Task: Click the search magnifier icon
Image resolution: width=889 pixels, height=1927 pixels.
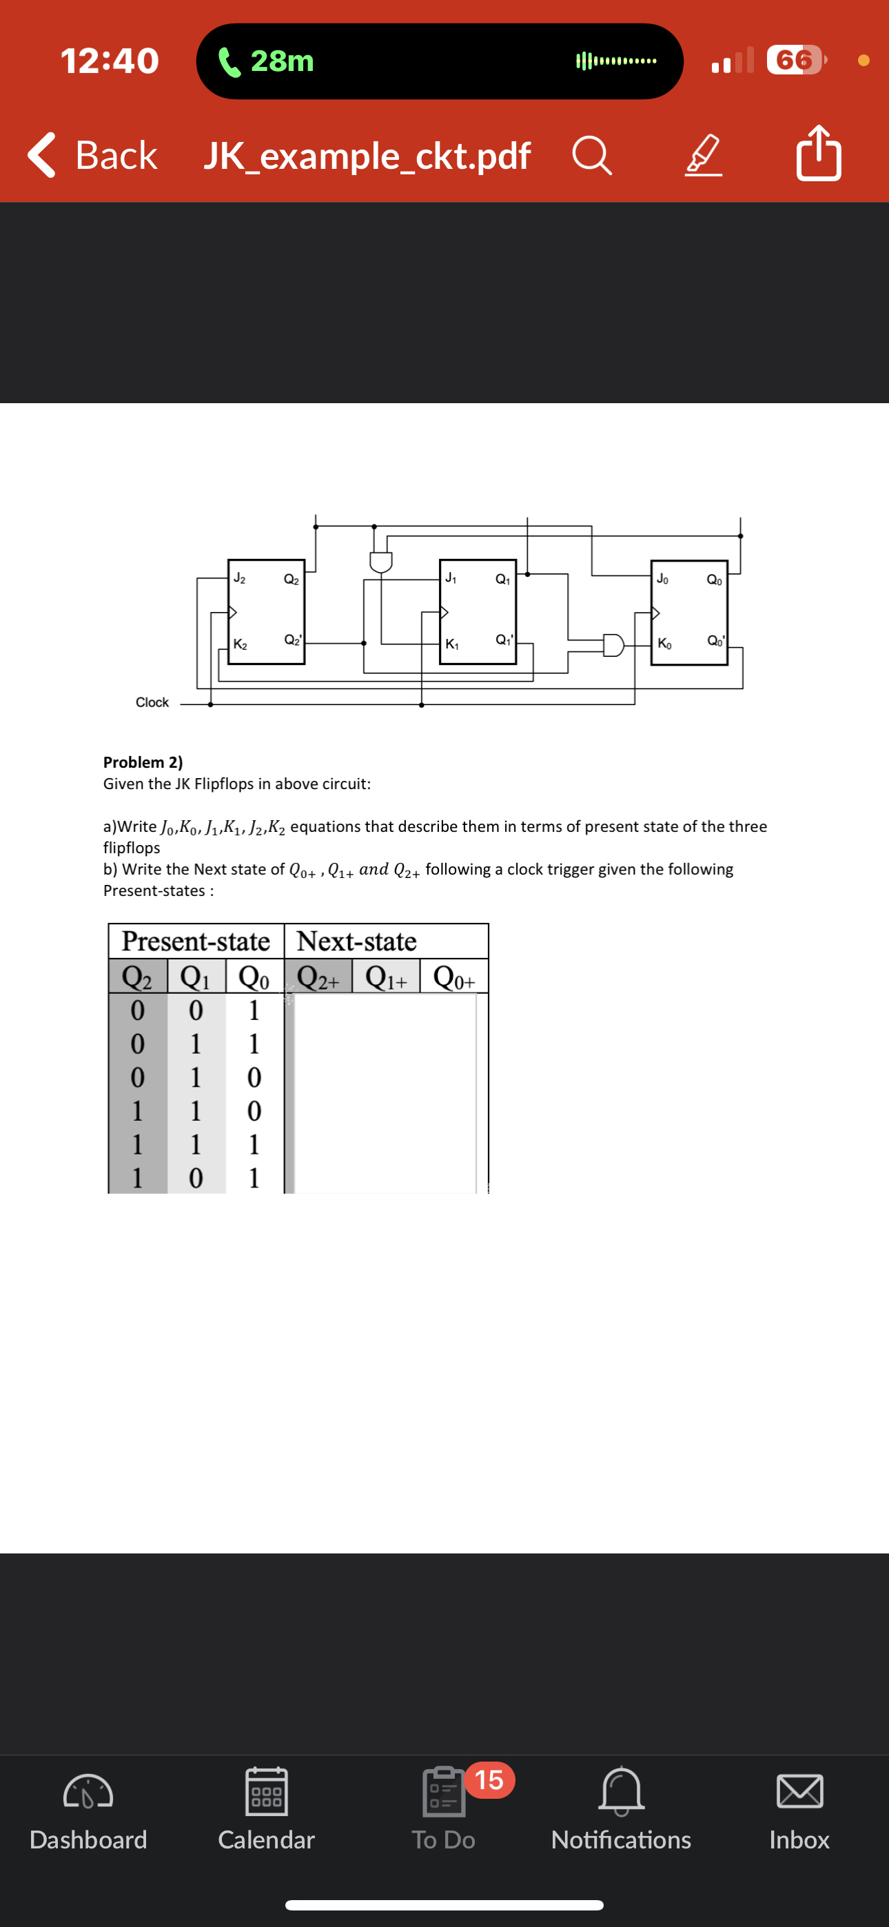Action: pos(592,156)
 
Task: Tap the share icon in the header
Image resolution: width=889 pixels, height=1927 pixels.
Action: pos(819,154)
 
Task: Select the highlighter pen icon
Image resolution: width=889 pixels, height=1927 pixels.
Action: pos(704,156)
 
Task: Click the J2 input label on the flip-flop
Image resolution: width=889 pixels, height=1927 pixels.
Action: pos(239,578)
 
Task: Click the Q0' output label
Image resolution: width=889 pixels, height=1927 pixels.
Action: pos(715,641)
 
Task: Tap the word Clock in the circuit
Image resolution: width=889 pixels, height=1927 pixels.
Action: pos(152,702)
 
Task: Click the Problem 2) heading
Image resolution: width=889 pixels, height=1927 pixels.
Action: pos(143,762)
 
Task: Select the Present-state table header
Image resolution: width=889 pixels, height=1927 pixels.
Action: pos(195,941)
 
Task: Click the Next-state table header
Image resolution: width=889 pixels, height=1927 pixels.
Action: pos(356,941)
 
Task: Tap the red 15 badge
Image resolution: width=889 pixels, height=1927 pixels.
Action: pos(489,1780)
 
